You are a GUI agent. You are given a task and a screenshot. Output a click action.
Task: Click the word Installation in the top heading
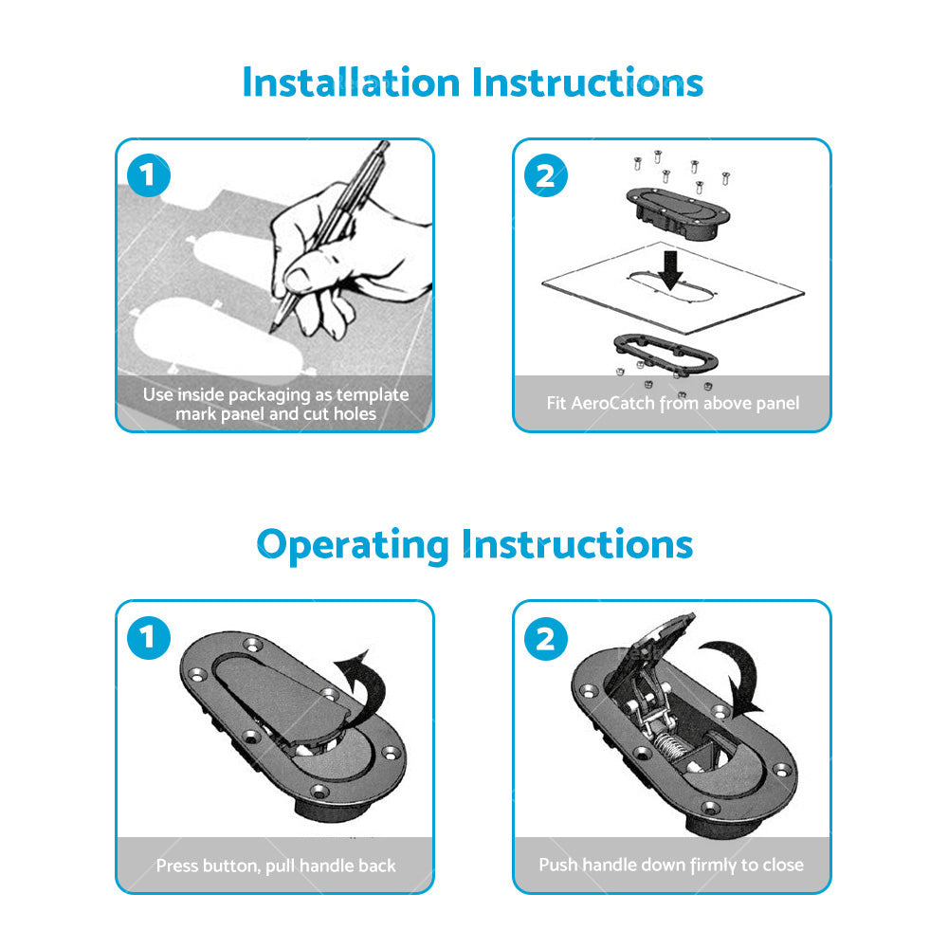pos(352,82)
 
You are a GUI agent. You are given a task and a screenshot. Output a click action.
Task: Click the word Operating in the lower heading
pos(353,545)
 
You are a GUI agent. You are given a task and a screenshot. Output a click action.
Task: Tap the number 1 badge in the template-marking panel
pos(149,175)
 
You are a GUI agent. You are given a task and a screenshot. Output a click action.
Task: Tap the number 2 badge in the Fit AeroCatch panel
pos(546,175)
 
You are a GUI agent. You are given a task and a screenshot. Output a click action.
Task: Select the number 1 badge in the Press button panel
pos(149,637)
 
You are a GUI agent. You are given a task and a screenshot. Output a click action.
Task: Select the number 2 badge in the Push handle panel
pos(546,638)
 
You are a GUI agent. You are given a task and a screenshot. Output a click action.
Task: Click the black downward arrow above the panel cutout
pos(670,269)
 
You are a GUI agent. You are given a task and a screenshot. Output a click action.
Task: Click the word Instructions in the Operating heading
pos(577,544)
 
